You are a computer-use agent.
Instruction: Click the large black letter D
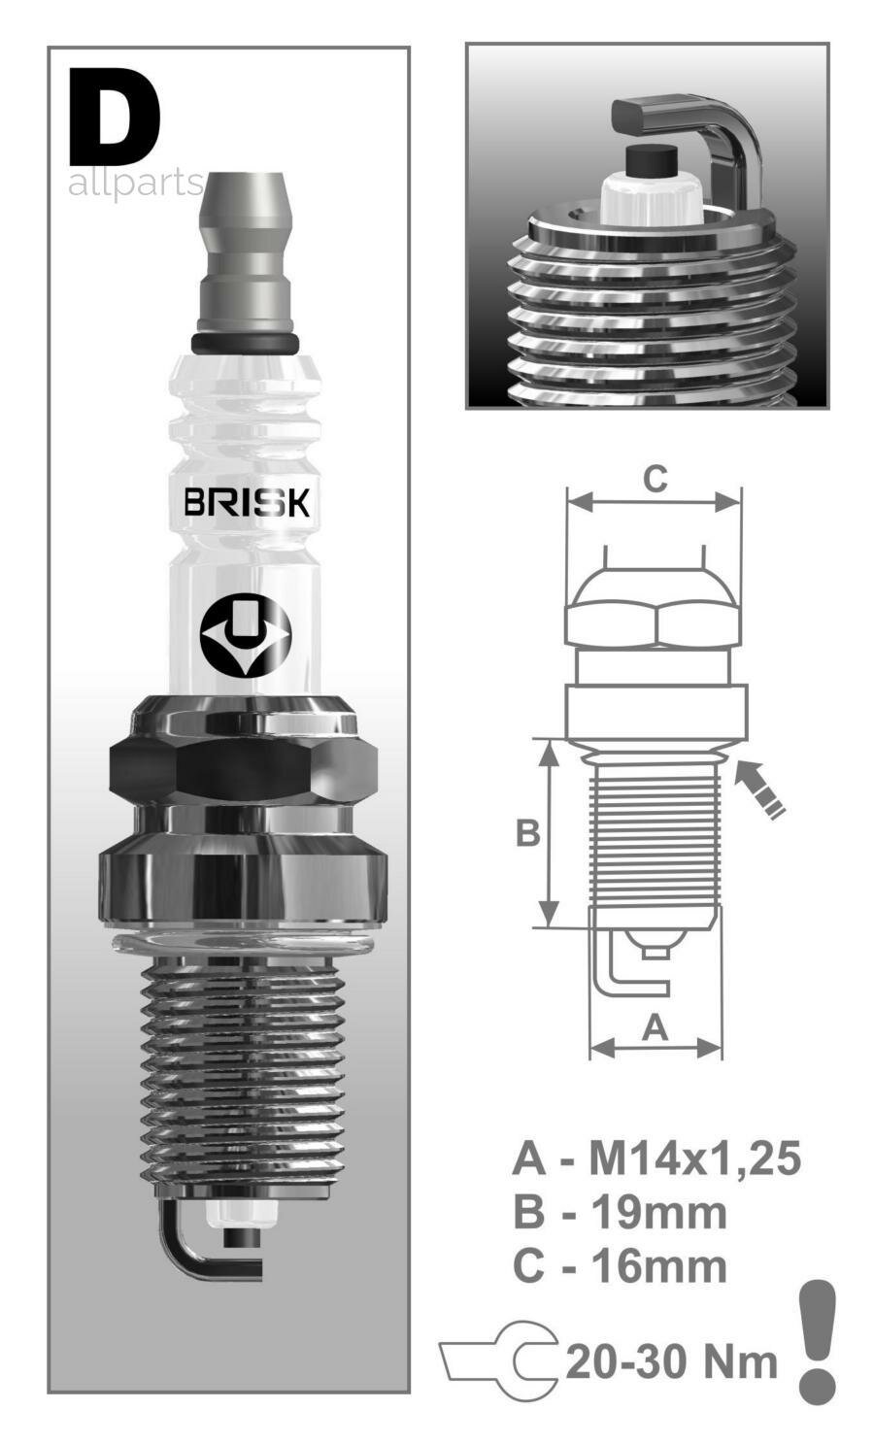(115, 118)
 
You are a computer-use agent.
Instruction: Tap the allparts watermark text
(135, 184)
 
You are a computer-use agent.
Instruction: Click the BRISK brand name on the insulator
(247, 502)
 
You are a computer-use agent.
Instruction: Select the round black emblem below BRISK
(245, 635)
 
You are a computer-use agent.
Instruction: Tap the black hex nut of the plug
(243, 767)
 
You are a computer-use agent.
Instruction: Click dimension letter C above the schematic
(655, 479)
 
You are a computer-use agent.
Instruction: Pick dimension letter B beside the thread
(526, 833)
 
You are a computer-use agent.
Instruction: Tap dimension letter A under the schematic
(656, 1027)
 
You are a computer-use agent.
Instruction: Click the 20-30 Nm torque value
(671, 1361)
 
